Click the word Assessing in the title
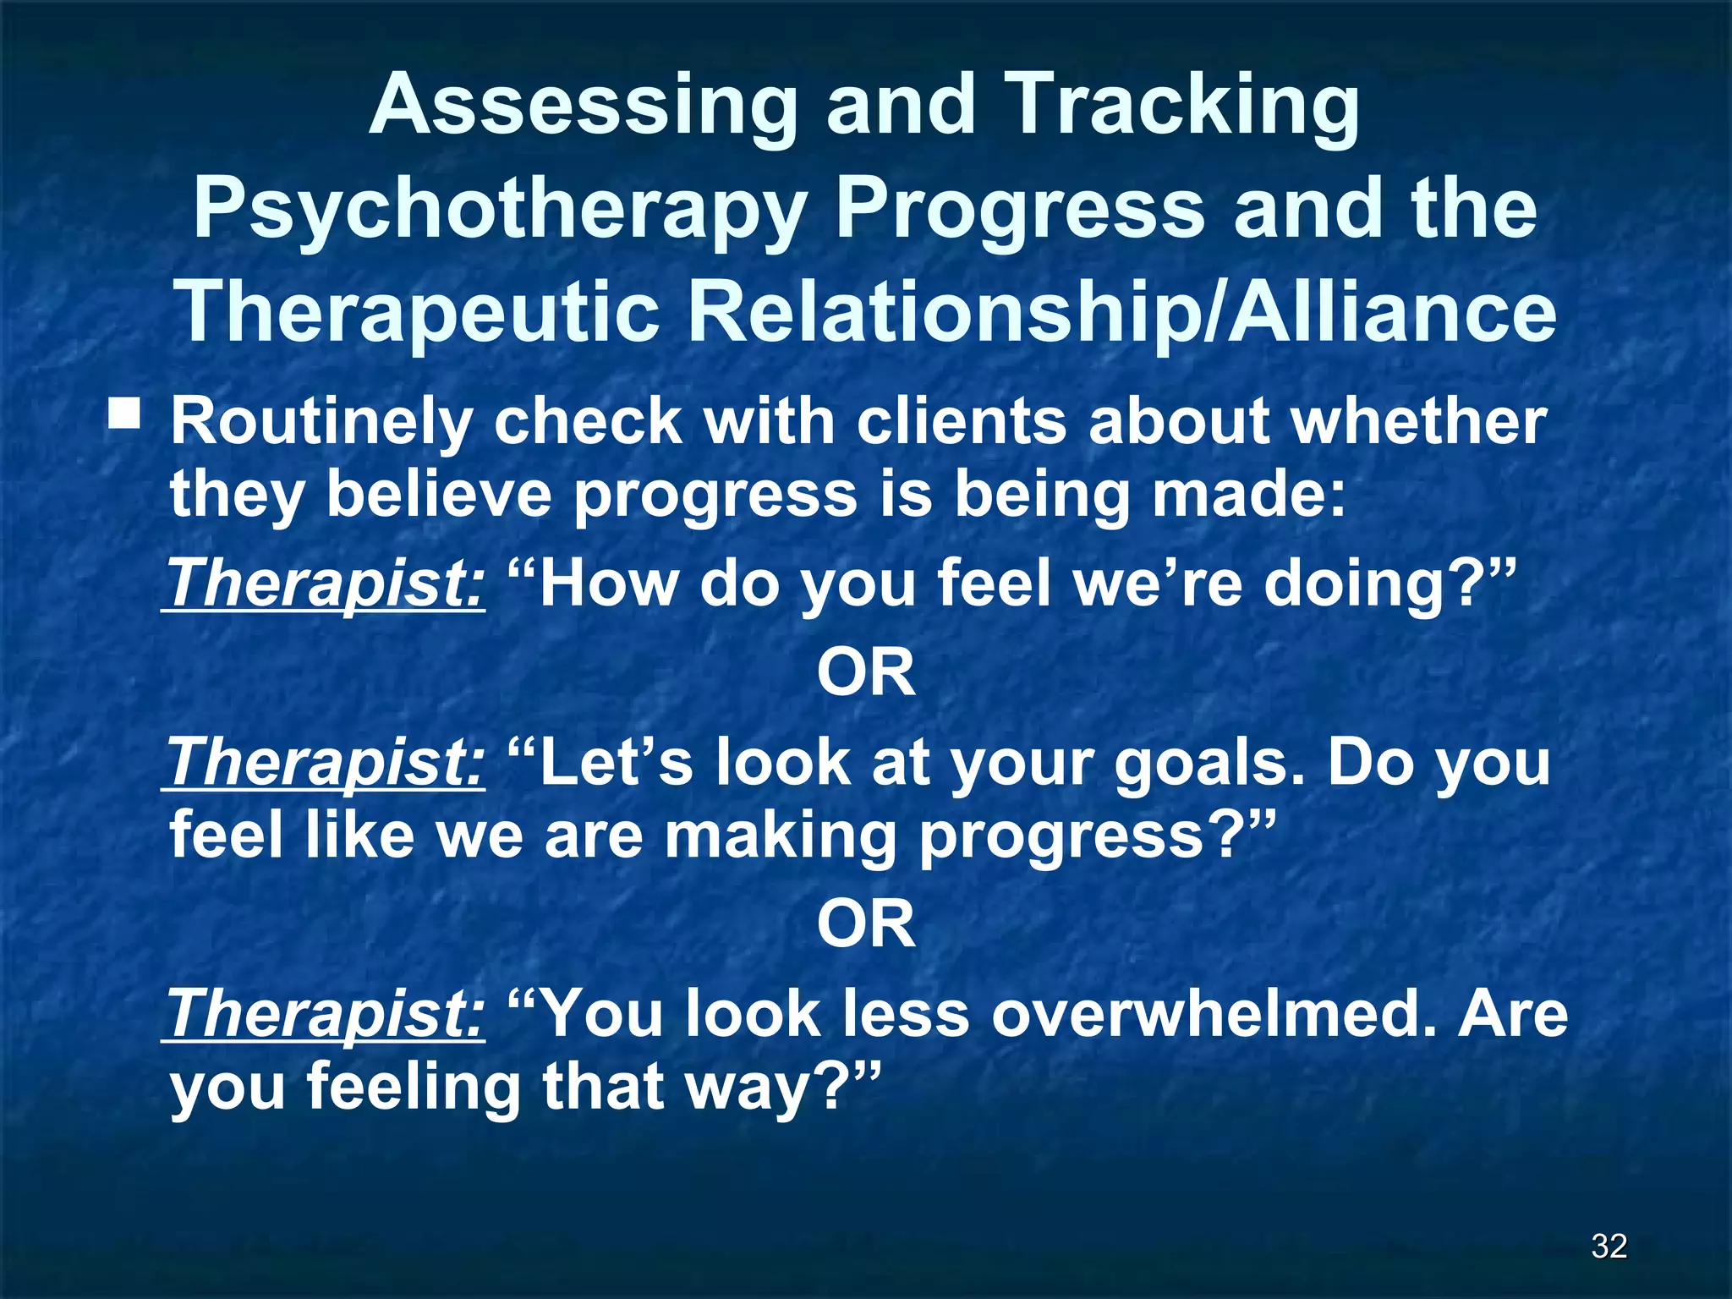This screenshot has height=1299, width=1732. [584, 107]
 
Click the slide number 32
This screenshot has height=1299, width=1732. [1609, 1246]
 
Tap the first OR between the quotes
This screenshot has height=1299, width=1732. [866, 673]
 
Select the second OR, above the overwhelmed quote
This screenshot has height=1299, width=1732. [866, 924]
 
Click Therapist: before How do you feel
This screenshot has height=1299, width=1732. [326, 584]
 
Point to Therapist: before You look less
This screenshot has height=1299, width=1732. [326, 1014]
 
